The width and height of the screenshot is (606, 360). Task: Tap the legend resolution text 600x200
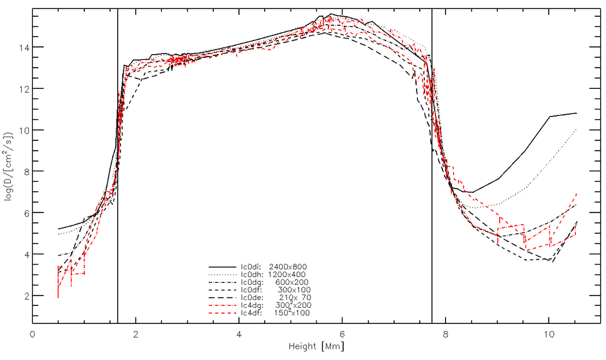pos(294,281)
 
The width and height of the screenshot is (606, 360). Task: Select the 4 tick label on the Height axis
pos(239,336)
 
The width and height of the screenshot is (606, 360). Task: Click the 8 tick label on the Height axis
pos(445,336)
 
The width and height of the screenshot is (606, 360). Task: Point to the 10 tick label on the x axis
pos(548,336)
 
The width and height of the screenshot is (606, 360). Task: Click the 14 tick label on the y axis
pos(21,48)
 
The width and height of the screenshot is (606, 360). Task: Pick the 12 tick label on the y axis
pos(21,89)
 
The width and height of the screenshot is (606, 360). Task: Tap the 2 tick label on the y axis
pos(23,296)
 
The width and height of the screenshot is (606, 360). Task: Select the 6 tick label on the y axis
pos(23,213)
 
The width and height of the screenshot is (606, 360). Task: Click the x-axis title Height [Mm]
pos(316,347)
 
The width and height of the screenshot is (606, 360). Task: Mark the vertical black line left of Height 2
pos(117,193)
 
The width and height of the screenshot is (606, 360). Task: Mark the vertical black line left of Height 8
pos(431,193)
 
